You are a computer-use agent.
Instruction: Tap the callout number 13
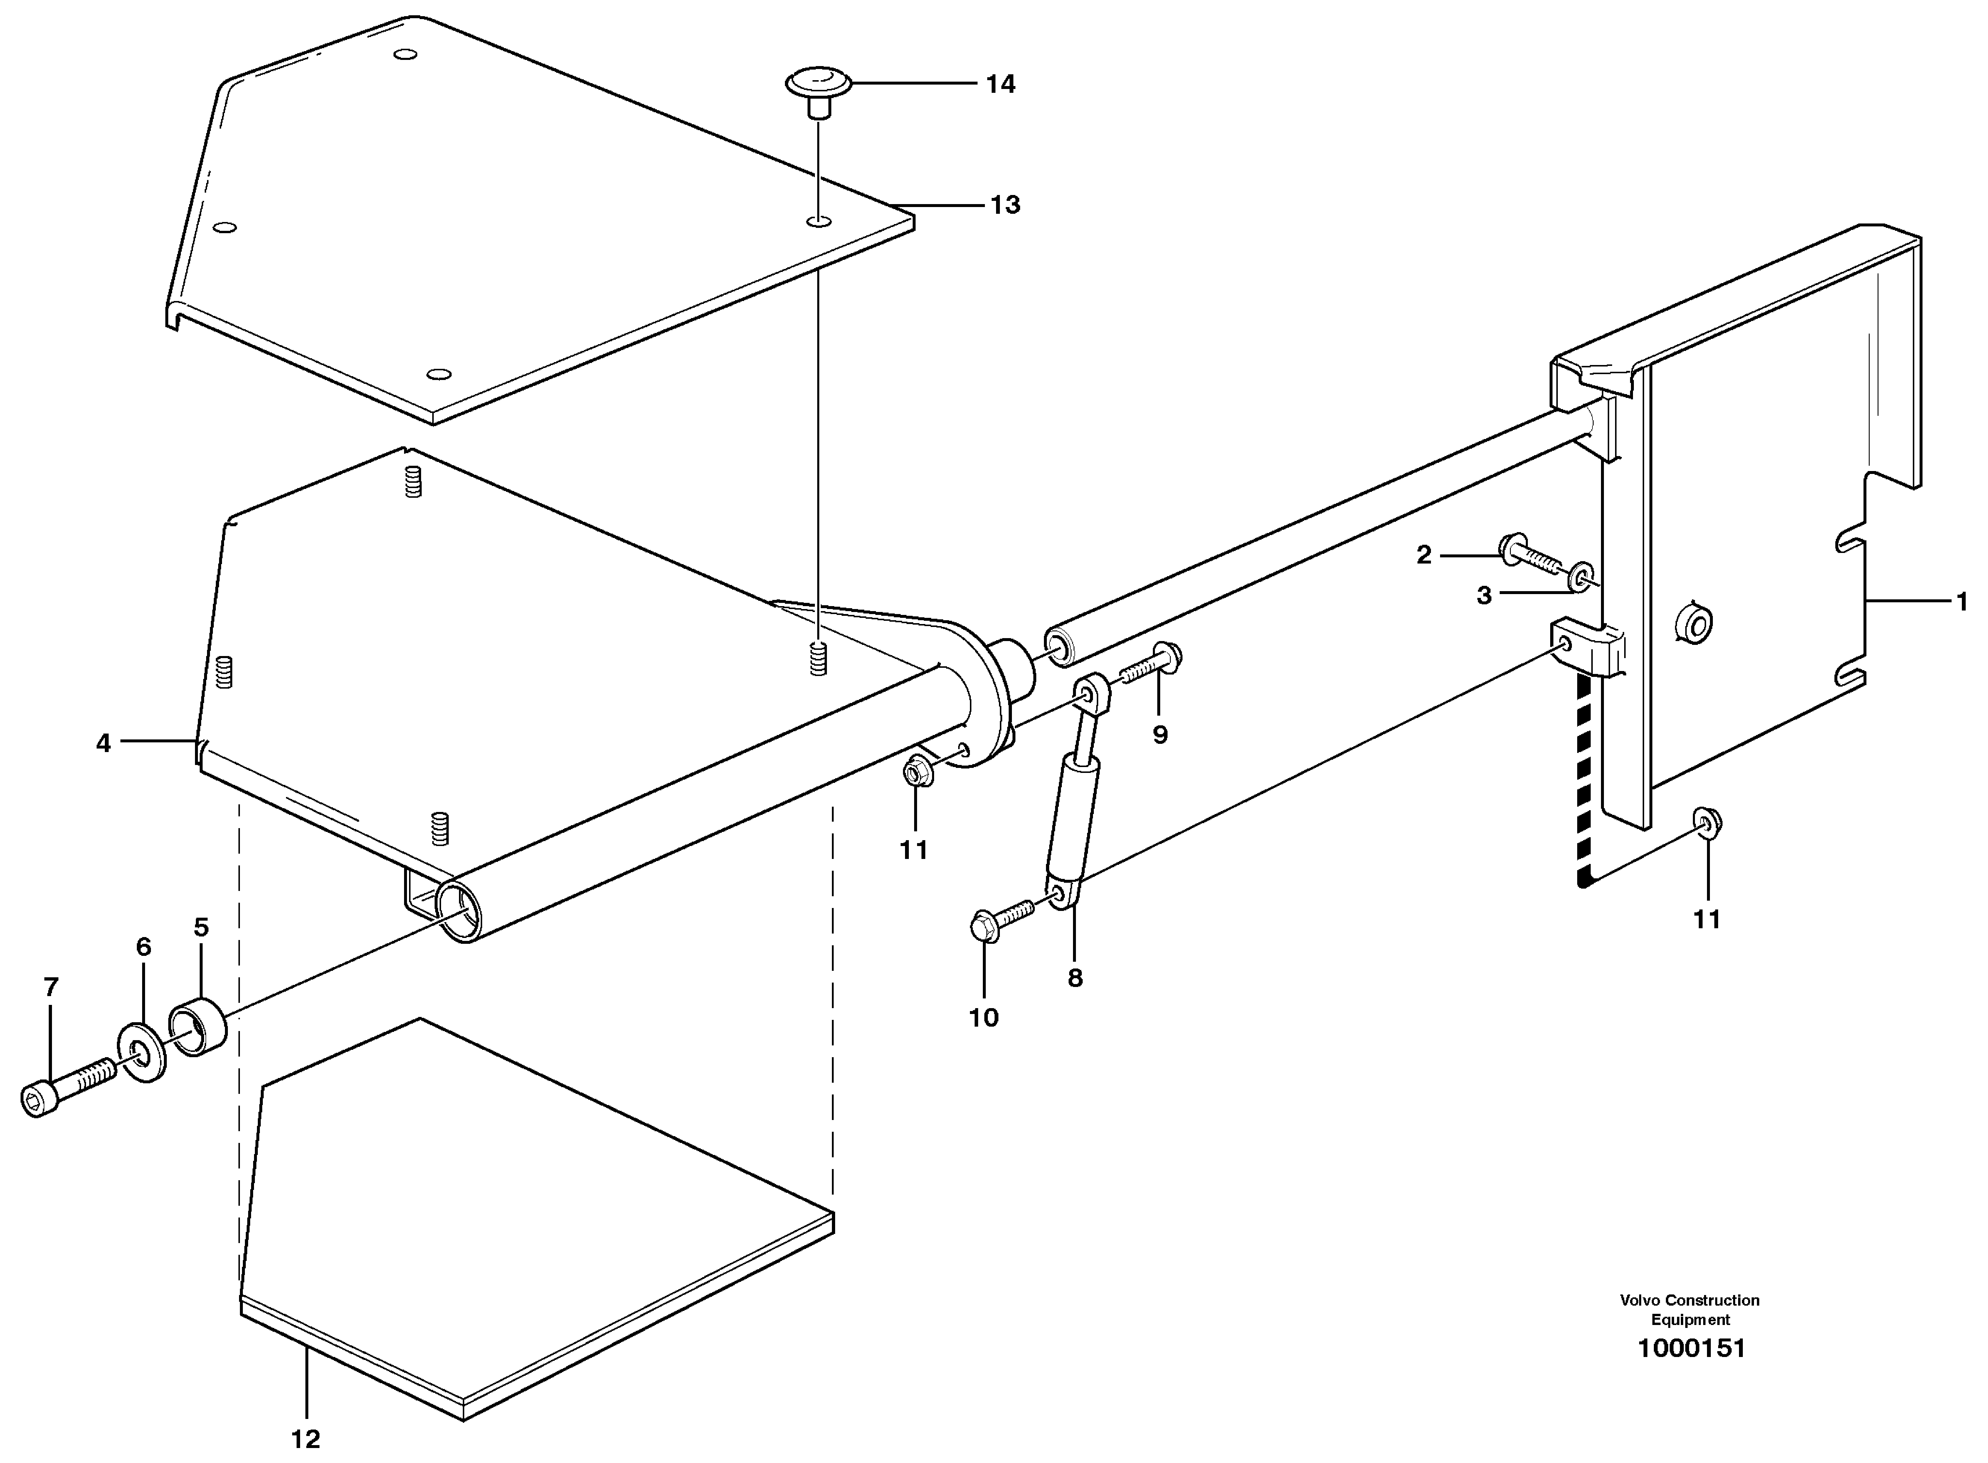point(1005,206)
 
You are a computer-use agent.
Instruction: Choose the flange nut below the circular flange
point(915,772)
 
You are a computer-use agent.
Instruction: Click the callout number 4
point(104,743)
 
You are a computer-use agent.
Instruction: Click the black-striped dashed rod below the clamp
point(1585,779)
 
